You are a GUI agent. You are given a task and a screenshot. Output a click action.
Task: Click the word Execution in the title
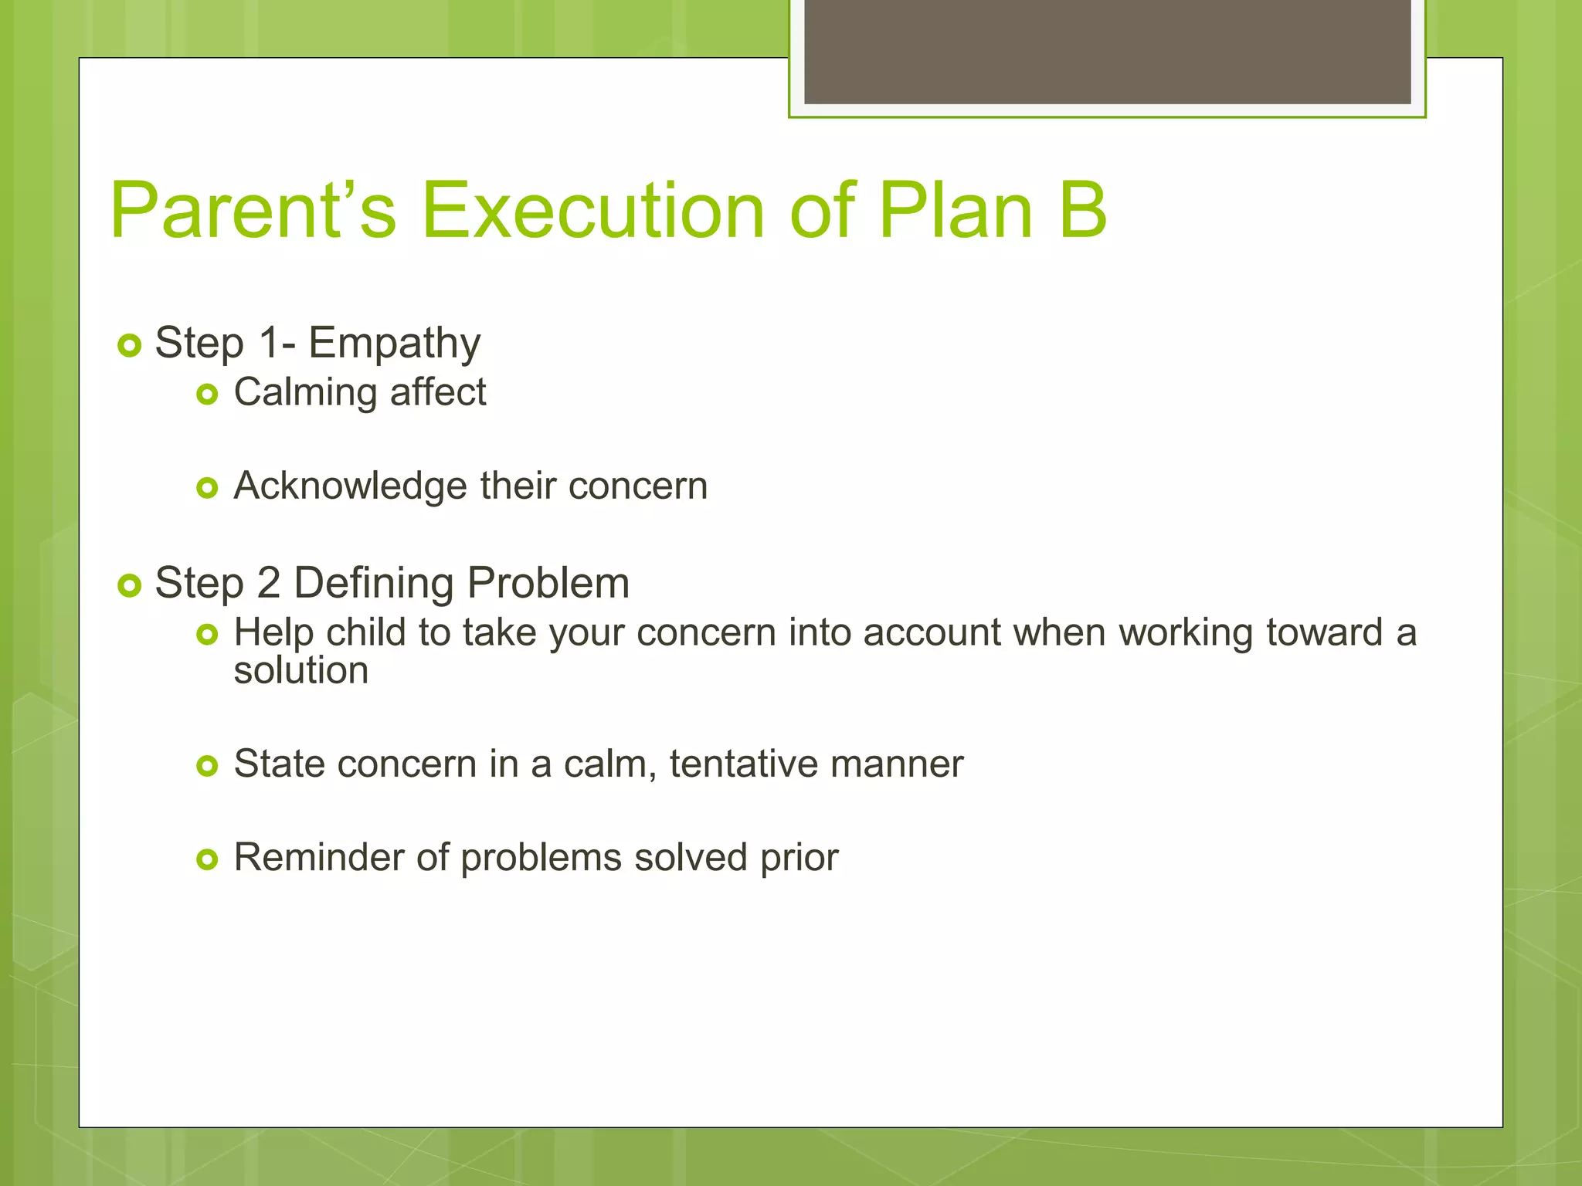click(x=593, y=210)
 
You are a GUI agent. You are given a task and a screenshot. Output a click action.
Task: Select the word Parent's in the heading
click(x=253, y=210)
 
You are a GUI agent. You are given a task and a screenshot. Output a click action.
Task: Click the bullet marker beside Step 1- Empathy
click(x=130, y=345)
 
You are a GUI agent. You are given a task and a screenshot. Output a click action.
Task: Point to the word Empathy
click(x=394, y=344)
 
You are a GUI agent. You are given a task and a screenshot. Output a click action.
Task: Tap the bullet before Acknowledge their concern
click(x=207, y=488)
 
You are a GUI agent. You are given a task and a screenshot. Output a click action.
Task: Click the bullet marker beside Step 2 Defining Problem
click(x=130, y=585)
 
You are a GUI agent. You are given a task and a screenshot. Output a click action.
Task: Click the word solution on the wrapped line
click(x=301, y=670)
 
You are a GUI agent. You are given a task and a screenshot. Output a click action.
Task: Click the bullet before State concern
click(x=207, y=766)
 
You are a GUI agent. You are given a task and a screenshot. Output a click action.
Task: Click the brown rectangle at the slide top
click(x=1107, y=51)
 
